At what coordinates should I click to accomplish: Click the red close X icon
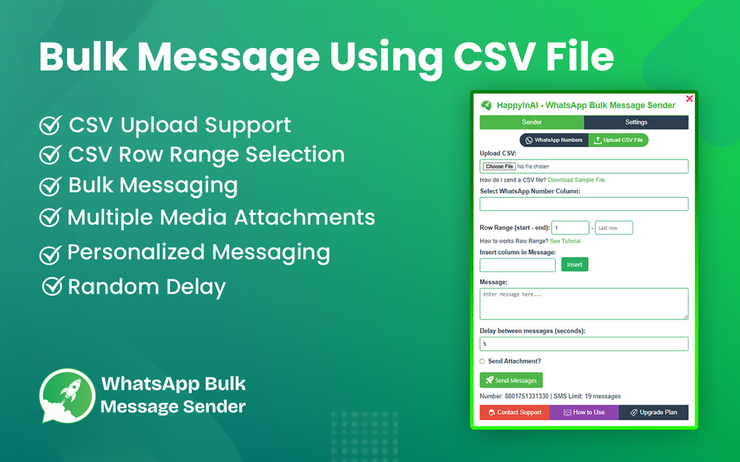[689, 99]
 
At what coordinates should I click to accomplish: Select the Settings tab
[636, 122]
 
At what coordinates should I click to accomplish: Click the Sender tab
[532, 122]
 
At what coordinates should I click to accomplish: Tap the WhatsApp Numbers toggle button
[554, 140]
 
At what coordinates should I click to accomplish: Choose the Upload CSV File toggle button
[619, 140]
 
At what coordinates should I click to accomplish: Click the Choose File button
[499, 166]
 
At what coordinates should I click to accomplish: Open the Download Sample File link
[577, 180]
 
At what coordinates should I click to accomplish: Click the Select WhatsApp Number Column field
[584, 204]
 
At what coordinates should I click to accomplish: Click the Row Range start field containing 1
[570, 228]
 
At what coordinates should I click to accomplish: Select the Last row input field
[614, 228]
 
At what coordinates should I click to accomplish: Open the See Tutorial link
[565, 241]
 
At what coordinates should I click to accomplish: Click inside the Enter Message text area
[584, 304]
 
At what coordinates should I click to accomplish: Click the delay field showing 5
[584, 344]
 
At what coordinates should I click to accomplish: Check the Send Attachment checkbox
[482, 362]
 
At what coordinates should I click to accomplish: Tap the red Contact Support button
[515, 413]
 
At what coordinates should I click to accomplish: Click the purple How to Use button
[584, 413]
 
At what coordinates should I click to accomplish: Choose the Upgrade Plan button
[654, 413]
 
